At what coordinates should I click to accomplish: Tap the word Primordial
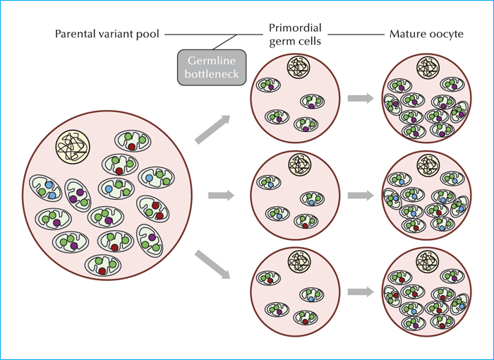(295, 28)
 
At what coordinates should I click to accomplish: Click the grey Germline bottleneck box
(212, 67)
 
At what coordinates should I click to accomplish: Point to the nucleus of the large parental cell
(73, 147)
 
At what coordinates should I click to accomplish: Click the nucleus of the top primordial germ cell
(299, 67)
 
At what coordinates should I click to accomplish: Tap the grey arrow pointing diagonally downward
(212, 264)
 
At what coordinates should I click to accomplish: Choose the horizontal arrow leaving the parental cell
(221, 196)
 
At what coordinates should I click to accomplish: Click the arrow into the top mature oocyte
(361, 98)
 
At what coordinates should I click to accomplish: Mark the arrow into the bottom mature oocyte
(361, 292)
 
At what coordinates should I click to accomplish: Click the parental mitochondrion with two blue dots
(46, 188)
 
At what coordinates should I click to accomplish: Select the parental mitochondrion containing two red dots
(153, 209)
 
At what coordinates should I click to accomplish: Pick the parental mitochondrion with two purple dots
(78, 196)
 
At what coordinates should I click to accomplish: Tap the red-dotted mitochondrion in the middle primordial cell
(306, 221)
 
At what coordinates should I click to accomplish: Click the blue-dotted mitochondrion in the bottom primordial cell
(312, 295)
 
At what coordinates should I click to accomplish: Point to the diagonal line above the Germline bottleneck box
(224, 42)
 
